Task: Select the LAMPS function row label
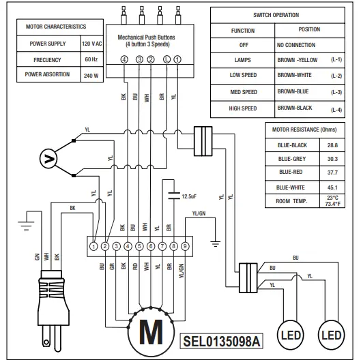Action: (242, 59)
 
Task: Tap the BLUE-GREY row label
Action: (291, 158)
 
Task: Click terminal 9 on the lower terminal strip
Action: (185, 245)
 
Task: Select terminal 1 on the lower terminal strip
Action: (93, 245)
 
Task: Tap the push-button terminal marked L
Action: (167, 59)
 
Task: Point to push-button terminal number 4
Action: (124, 59)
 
